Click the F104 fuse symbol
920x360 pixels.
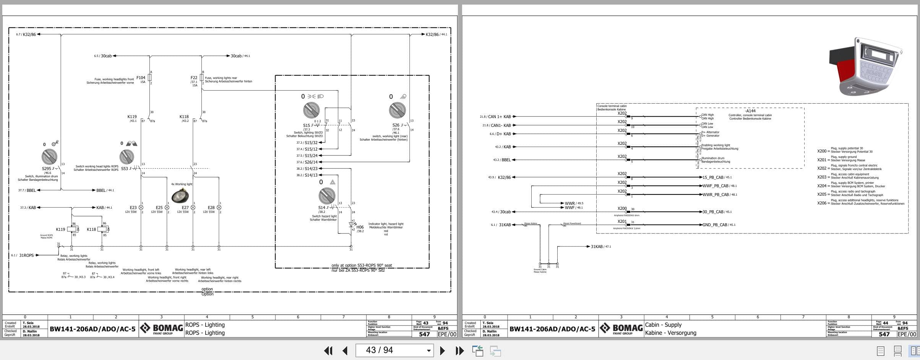[x=150, y=78]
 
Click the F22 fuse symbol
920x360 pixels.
[x=201, y=78]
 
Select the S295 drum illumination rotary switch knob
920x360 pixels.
[x=49, y=157]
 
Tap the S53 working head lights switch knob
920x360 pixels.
[x=127, y=157]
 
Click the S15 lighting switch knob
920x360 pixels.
[x=311, y=110]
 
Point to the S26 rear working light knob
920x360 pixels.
[x=397, y=110]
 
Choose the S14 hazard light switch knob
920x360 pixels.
[x=327, y=196]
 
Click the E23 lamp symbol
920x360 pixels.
[x=141, y=208]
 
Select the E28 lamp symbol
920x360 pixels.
[x=219, y=208]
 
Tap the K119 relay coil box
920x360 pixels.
[x=73, y=229]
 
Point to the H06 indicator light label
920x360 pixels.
[x=360, y=227]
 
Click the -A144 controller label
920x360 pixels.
[x=750, y=111]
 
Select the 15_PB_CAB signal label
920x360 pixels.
[x=713, y=177]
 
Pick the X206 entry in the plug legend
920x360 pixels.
[x=822, y=203]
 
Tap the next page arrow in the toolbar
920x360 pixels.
[x=442, y=350]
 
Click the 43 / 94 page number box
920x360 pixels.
[x=394, y=350]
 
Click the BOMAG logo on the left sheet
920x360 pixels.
[x=161, y=328]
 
